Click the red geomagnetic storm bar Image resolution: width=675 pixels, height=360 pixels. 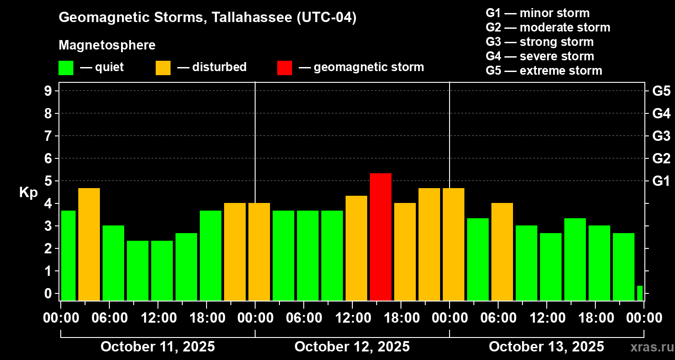[x=380, y=237]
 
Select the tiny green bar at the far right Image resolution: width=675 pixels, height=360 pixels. [x=639, y=293]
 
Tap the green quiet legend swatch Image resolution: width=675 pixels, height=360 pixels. [x=66, y=67]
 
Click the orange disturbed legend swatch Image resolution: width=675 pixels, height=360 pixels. [x=163, y=67]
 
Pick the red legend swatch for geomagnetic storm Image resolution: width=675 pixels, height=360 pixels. [x=284, y=67]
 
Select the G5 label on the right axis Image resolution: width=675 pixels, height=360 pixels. [x=661, y=91]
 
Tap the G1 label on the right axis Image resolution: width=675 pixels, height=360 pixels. [x=661, y=181]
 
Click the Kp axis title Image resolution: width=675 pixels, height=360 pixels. [x=28, y=193]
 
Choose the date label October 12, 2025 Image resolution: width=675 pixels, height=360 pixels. [x=352, y=347]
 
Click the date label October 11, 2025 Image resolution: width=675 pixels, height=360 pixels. [x=157, y=347]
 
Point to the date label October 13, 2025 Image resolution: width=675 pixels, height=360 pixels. [x=546, y=347]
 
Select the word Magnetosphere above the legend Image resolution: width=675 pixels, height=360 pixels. [x=107, y=45]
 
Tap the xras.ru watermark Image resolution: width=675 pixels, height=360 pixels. [x=648, y=347]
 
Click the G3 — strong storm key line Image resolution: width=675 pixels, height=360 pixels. [x=540, y=42]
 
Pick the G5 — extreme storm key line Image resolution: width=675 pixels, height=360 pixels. [x=544, y=71]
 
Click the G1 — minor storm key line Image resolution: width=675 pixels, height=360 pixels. [x=537, y=13]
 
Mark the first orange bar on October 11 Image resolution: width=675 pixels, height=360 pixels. [x=89, y=244]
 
